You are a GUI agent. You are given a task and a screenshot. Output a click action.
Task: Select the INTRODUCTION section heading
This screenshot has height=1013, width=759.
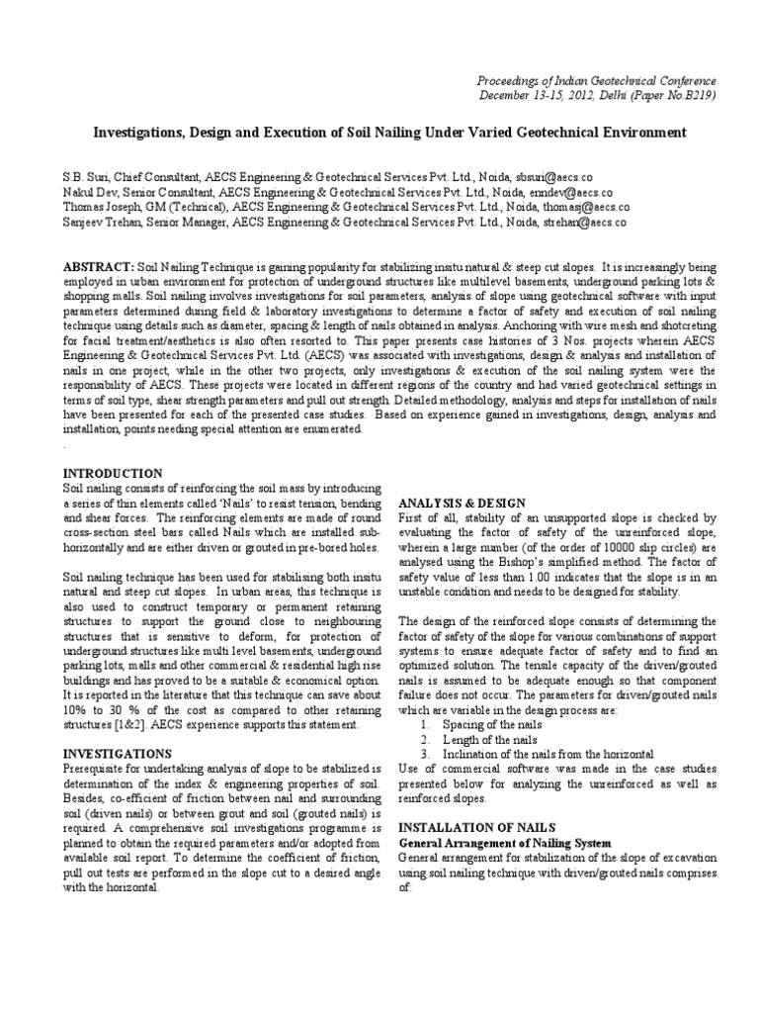[113, 474]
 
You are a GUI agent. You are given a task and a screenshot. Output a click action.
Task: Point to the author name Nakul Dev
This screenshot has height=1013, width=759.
[94, 191]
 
